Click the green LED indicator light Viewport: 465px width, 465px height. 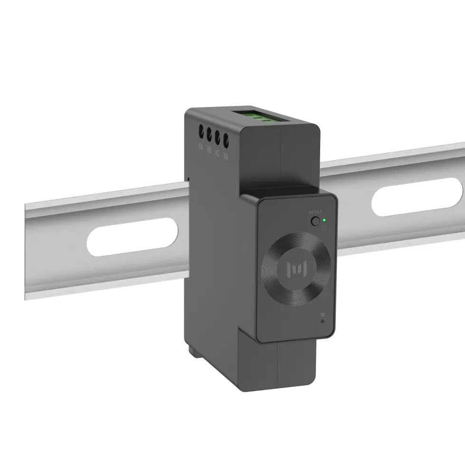(x=324, y=220)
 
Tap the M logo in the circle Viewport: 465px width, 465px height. (x=295, y=269)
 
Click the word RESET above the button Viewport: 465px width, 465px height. (x=314, y=212)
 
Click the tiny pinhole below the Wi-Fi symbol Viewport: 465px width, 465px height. (x=323, y=322)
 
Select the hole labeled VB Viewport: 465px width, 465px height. (x=209, y=133)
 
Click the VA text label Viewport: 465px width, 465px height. (x=200, y=147)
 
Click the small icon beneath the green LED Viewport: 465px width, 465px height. (x=324, y=227)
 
